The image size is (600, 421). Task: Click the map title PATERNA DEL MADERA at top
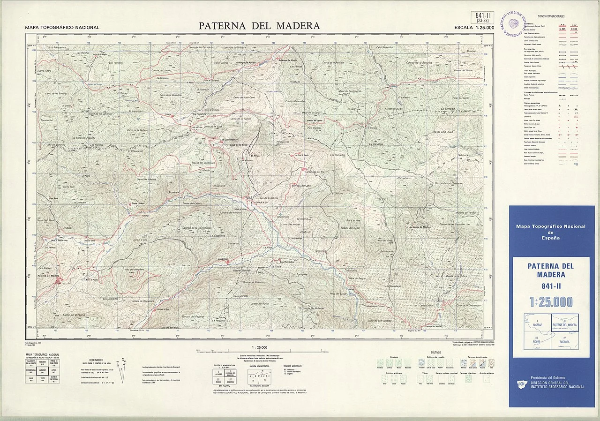coord(259,26)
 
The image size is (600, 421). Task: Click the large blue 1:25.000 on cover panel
coord(551,302)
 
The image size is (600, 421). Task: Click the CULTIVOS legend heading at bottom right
coord(435,352)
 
